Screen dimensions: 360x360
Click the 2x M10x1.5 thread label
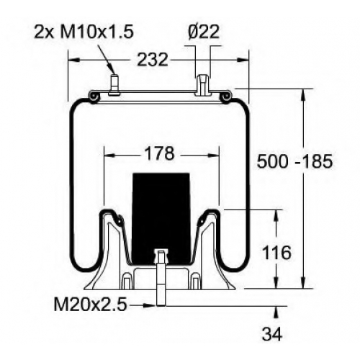84,32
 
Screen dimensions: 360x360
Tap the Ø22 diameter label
204,32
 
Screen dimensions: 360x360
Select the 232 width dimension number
153,60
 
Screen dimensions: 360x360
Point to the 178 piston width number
160,153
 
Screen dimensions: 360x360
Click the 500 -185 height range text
294,161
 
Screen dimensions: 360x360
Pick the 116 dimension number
276,253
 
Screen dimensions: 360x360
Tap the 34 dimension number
272,333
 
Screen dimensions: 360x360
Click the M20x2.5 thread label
90,305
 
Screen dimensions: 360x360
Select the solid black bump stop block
161,218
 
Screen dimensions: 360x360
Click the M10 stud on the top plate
114,85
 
